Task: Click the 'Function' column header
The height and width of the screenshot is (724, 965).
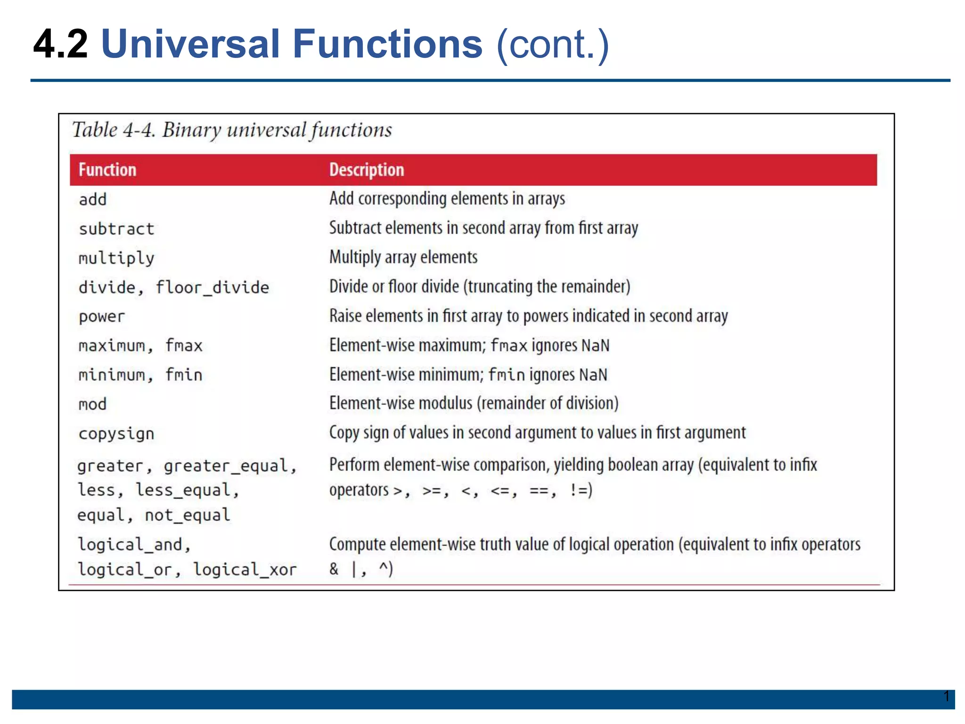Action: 107,170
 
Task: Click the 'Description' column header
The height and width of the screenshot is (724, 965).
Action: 367,170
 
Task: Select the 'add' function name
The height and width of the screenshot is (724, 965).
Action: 93,199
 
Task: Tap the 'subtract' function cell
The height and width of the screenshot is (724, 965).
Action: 116,229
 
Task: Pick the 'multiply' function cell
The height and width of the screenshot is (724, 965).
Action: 116,258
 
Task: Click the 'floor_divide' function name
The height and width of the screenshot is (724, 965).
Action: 213,288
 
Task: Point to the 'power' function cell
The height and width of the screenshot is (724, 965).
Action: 102,317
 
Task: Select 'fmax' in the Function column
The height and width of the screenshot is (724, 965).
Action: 184,346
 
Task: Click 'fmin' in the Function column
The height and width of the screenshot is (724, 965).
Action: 184,375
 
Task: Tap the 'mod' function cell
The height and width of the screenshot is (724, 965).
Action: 93,404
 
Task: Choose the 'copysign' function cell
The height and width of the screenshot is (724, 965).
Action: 116,434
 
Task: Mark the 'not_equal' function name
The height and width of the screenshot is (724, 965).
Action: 188,515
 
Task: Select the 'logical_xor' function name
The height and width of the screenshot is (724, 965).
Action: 245,570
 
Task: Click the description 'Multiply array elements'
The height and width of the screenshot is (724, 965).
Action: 403,257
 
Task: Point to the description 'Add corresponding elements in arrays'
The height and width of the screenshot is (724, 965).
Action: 447,199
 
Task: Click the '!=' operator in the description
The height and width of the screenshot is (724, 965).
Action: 578,491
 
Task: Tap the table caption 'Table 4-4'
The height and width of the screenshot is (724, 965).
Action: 114,130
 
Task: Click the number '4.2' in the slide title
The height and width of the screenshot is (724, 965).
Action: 60,44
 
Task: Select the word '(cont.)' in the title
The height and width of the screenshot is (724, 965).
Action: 553,44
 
